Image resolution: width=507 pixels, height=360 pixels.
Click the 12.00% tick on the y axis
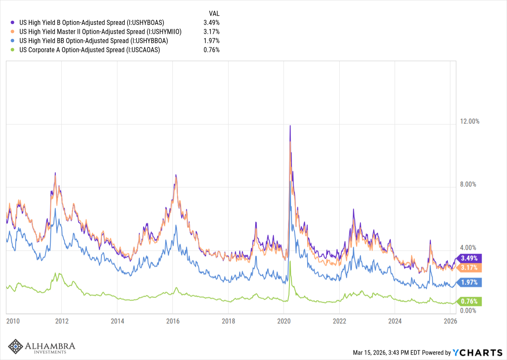click(x=470, y=121)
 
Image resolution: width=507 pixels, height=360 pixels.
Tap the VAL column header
click(x=214, y=13)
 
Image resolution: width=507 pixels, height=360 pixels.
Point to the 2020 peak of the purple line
click(x=290, y=125)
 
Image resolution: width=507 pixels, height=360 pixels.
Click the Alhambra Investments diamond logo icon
click(x=16, y=346)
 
